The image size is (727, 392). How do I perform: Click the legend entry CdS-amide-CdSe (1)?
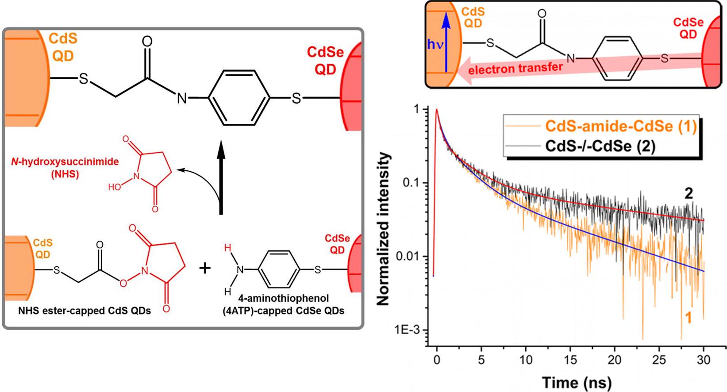[x=620, y=126]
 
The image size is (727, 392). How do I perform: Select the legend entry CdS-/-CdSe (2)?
[x=600, y=146]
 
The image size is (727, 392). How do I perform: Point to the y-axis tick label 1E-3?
[x=406, y=331]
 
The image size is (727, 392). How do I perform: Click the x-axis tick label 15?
[x=570, y=360]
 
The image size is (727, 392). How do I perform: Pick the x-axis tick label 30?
[x=703, y=360]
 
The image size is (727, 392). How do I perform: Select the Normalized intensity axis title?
[x=383, y=229]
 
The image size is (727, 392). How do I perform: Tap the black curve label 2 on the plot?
[x=689, y=194]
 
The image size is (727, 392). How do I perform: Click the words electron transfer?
[x=515, y=68]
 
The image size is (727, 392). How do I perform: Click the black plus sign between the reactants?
[x=204, y=268]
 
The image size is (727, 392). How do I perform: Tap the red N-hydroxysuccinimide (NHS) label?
[x=65, y=168]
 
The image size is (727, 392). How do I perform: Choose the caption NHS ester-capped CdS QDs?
[x=85, y=311]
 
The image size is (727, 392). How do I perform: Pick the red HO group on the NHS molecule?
[x=114, y=187]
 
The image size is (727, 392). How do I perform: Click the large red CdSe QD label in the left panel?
[x=325, y=61]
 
